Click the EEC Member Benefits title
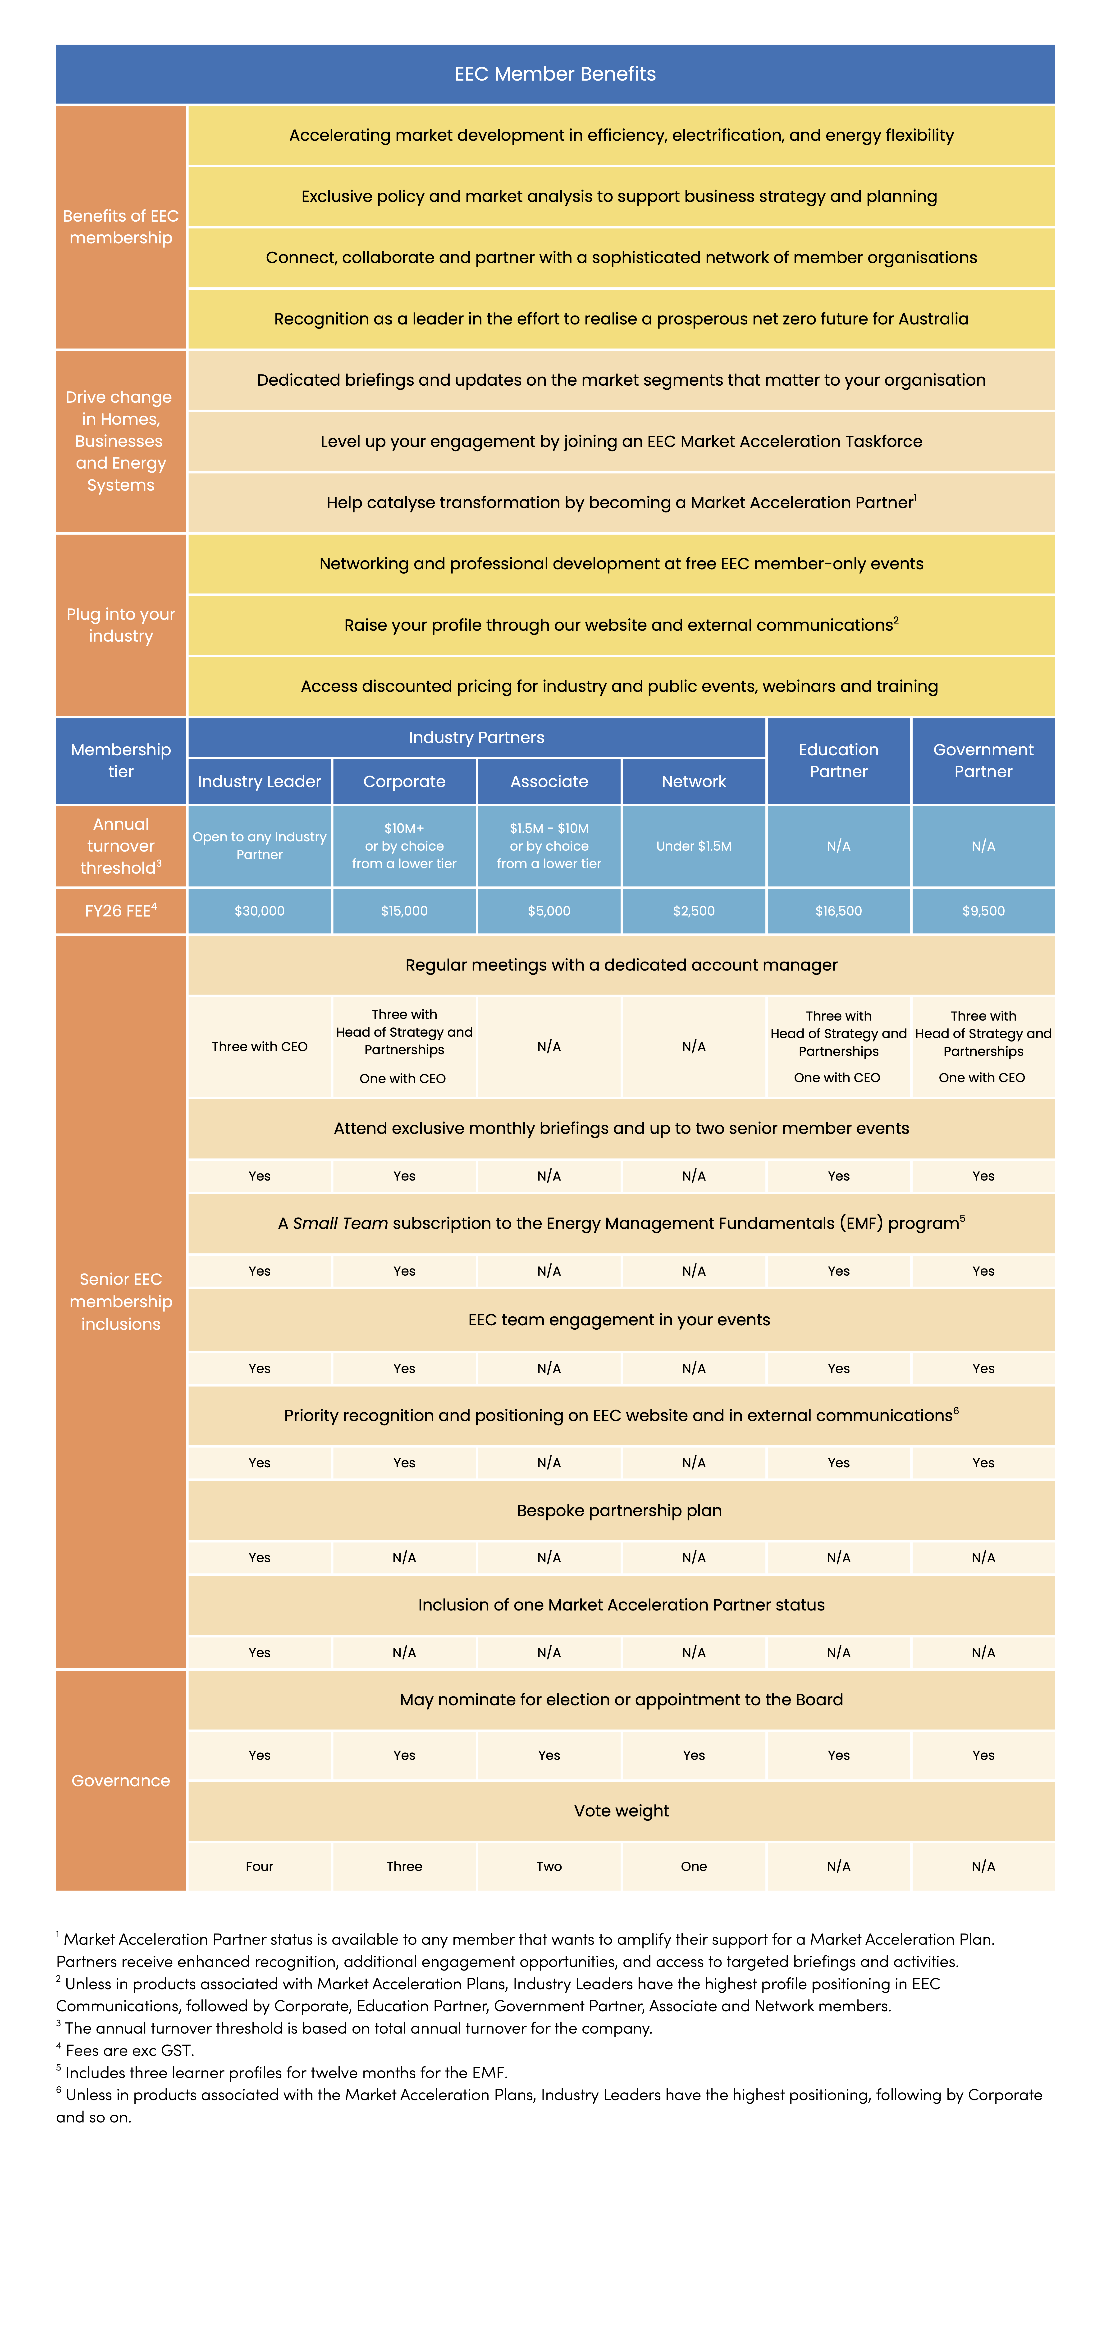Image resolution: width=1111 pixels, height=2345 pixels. point(555,74)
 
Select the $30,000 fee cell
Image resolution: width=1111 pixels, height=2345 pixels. point(260,910)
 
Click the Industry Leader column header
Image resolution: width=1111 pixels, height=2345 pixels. point(260,781)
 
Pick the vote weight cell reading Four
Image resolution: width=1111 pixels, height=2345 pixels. point(260,1866)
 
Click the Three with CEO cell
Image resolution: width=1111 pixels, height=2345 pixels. point(260,1046)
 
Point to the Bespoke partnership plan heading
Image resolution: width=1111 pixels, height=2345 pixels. point(619,1510)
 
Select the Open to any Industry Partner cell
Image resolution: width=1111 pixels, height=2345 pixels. point(260,846)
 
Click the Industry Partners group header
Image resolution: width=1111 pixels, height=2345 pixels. point(476,737)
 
